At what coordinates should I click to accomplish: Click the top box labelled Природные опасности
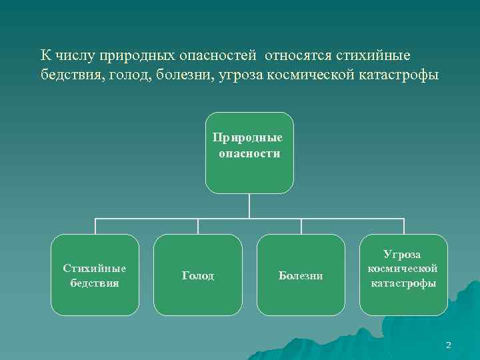point(249,153)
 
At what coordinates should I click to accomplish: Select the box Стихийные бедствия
point(95,275)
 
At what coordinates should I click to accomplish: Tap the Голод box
point(198,275)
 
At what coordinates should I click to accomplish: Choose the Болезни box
point(301,275)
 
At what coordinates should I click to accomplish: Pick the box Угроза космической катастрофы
point(403,275)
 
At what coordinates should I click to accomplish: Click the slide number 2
point(448,345)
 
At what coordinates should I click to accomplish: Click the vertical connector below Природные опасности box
point(249,205)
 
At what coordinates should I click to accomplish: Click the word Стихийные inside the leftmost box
point(95,268)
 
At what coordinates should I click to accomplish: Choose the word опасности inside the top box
point(249,153)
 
